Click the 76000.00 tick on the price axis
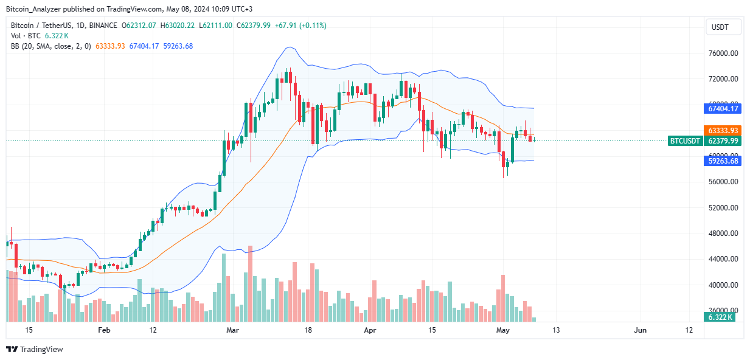click(x=724, y=54)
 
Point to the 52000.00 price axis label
click(x=724, y=208)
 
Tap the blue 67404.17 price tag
click(x=723, y=109)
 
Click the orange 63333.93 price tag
click(x=723, y=130)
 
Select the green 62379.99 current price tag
click(x=723, y=140)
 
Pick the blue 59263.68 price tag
click(x=723, y=161)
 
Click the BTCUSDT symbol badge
click(x=686, y=140)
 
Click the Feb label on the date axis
click(x=104, y=330)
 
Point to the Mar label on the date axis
click(x=232, y=330)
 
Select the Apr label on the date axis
click(x=369, y=330)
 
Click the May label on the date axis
click(x=503, y=330)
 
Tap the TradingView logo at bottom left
click(x=35, y=349)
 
